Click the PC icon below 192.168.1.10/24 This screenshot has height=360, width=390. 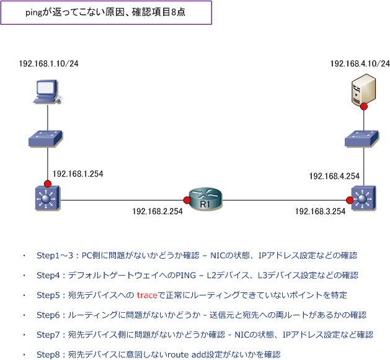point(48,91)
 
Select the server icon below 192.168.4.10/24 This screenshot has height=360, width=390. point(363,90)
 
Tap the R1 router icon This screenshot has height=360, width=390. point(205,200)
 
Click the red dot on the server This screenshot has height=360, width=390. point(363,107)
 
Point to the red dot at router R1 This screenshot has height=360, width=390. point(187,200)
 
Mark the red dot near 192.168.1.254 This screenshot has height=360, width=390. point(48,184)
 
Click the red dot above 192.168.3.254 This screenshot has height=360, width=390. point(350,200)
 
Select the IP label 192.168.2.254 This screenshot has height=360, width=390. point(157,212)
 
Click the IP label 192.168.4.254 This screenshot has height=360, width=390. point(334,176)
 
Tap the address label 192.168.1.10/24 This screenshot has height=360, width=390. point(49,63)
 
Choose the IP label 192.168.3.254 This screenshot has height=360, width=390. point(321,212)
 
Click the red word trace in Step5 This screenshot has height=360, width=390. point(147,295)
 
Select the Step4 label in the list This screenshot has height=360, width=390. point(48,276)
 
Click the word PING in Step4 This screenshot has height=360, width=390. point(186,276)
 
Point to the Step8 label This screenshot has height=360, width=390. point(48,354)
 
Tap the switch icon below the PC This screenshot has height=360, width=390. point(45,139)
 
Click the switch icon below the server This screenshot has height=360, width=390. point(362,139)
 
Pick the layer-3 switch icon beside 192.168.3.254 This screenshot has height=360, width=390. point(363,199)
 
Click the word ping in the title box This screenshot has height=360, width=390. point(34,12)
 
